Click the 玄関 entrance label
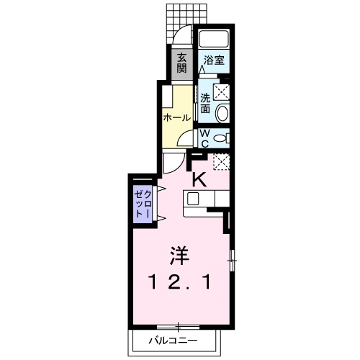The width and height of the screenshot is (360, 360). (182, 63)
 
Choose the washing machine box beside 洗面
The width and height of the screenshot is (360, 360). (222, 91)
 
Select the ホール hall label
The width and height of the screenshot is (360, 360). (176, 117)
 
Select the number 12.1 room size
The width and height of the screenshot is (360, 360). (180, 283)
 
